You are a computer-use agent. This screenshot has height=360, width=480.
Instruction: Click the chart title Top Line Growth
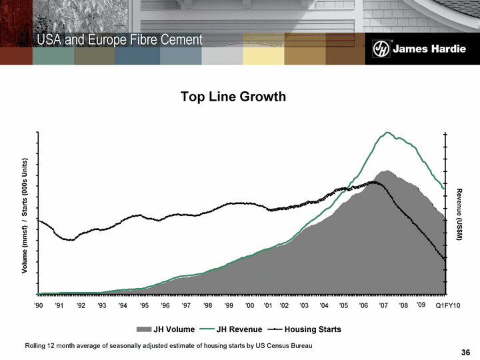click(x=233, y=97)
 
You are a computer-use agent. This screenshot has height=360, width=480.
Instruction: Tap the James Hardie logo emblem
click(x=381, y=50)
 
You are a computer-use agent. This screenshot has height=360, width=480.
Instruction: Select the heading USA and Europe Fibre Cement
click(x=119, y=40)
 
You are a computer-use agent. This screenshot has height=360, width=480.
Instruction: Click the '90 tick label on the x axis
click(x=38, y=305)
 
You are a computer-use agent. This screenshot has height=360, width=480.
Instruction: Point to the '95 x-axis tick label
click(x=144, y=305)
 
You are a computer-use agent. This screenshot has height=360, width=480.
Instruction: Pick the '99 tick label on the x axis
click(x=229, y=305)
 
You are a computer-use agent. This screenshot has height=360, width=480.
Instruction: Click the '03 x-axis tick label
click(x=304, y=305)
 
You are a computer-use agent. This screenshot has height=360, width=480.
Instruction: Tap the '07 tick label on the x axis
click(x=383, y=305)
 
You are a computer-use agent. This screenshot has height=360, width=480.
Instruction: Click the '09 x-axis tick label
click(x=421, y=305)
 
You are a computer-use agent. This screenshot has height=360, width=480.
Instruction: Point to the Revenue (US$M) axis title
click(x=460, y=214)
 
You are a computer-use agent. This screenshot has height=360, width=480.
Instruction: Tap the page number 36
click(x=465, y=353)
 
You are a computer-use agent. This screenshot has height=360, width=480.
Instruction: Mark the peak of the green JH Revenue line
click(x=387, y=132)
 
